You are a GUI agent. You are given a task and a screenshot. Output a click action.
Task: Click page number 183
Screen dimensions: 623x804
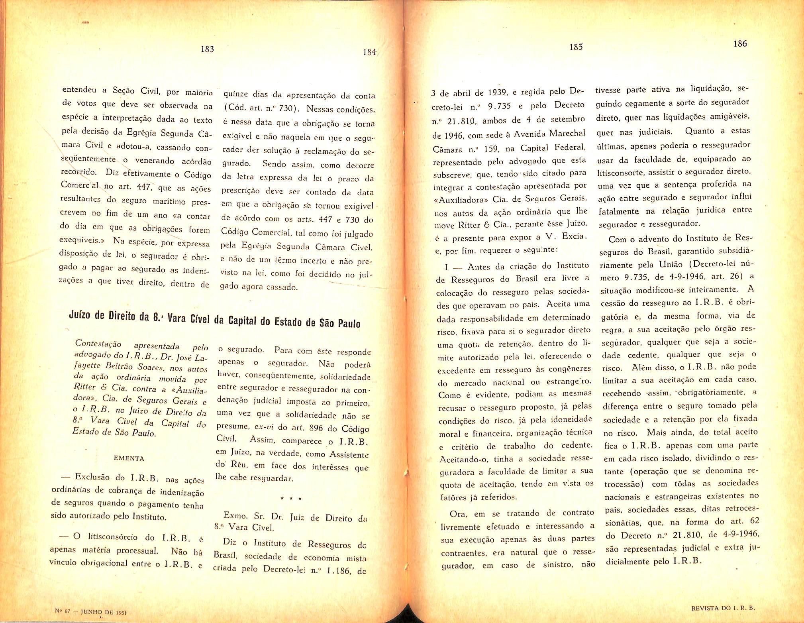click(x=207, y=49)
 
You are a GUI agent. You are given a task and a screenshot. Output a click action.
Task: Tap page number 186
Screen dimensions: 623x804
click(x=740, y=43)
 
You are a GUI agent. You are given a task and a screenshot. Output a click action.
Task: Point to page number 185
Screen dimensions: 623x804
click(x=576, y=47)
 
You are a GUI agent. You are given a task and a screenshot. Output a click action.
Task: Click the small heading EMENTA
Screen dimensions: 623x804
click(x=129, y=458)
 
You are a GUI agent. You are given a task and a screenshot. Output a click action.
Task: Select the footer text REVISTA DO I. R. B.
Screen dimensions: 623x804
click(x=723, y=608)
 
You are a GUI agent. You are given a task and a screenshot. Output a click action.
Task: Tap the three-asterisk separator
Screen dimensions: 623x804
click(x=291, y=499)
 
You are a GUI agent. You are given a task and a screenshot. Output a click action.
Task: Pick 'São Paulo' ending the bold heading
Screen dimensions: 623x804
click(x=340, y=323)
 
